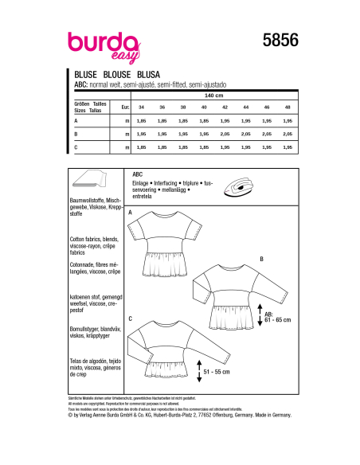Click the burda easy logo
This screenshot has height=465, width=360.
click(95, 40)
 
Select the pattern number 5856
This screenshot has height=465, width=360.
click(276, 37)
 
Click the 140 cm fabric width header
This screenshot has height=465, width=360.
click(214, 94)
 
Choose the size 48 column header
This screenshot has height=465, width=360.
click(287, 106)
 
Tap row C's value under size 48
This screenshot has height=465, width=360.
click(287, 148)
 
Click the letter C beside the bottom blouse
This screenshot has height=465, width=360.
click(130, 318)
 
